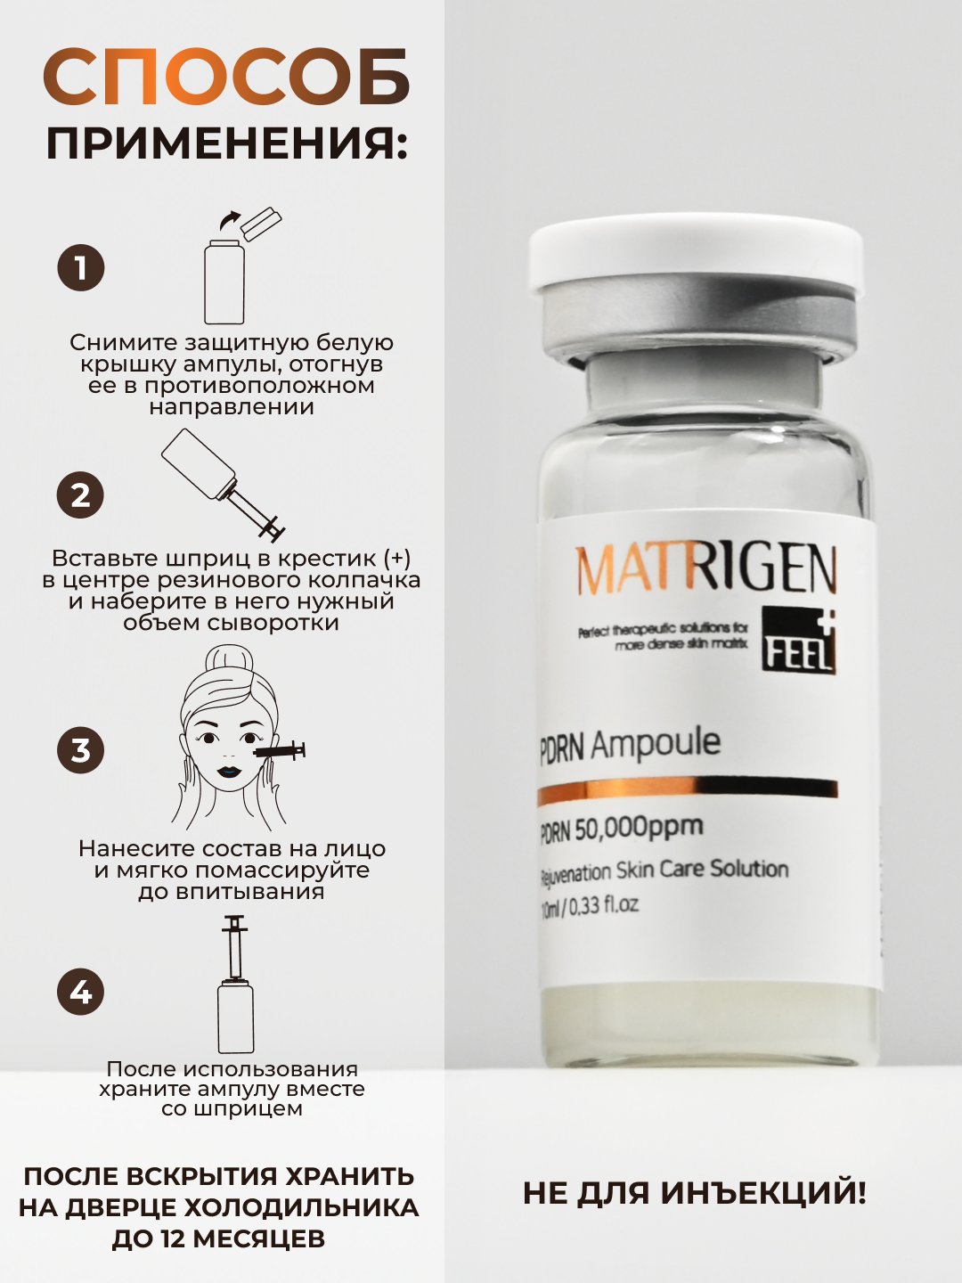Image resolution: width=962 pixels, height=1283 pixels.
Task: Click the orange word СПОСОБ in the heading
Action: point(226,78)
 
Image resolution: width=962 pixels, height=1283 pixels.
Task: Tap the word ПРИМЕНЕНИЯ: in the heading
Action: point(226,143)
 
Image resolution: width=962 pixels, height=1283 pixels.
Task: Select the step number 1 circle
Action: point(80,268)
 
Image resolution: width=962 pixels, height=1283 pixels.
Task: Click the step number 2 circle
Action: point(80,495)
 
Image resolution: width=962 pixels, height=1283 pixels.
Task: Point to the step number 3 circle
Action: point(80,750)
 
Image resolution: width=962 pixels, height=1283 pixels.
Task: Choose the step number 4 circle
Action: point(80,992)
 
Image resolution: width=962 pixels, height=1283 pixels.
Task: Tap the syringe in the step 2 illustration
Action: point(255,511)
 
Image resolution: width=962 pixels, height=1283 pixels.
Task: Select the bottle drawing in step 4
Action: point(235,1017)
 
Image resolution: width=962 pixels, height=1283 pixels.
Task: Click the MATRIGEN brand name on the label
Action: point(705,569)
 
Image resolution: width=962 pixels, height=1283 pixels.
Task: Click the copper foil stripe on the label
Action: point(687,791)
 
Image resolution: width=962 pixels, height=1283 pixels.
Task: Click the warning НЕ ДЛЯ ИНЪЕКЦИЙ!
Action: point(695,1193)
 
